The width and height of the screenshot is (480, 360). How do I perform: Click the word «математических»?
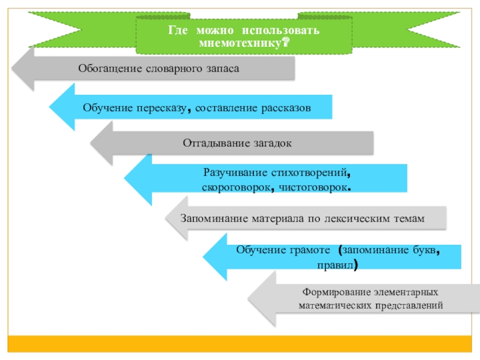331,305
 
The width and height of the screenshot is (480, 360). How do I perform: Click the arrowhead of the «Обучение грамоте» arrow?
215,256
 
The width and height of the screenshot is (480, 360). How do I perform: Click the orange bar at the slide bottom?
240,343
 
